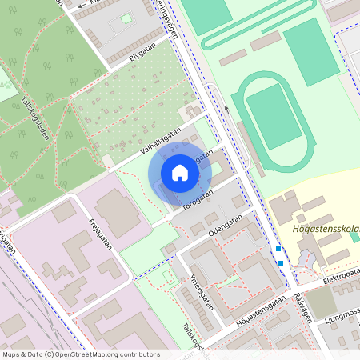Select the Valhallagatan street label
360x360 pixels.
(x=159, y=139)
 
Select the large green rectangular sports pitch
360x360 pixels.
(x=311, y=52)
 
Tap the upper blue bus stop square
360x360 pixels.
(x=278, y=249)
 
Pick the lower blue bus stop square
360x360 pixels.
(x=281, y=262)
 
